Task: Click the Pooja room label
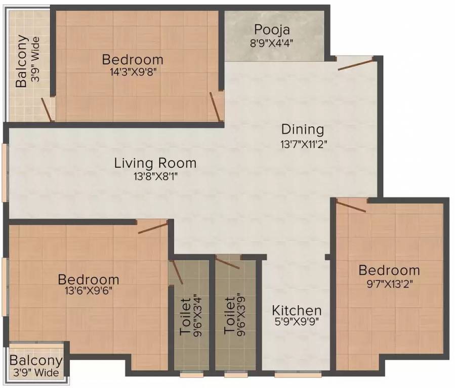pyautogui.click(x=272, y=30)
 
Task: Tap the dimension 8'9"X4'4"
pyautogui.click(x=272, y=43)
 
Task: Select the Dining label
pyautogui.click(x=303, y=129)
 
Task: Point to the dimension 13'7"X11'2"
pyautogui.click(x=304, y=144)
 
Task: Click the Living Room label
pyautogui.click(x=155, y=163)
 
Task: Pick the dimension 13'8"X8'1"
pyautogui.click(x=155, y=176)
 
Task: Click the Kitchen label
pyautogui.click(x=297, y=311)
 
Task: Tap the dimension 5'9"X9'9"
pyautogui.click(x=297, y=322)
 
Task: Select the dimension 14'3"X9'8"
pyautogui.click(x=133, y=72)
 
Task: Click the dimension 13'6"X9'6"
pyautogui.click(x=89, y=290)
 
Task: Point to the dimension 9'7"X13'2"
pyautogui.click(x=390, y=284)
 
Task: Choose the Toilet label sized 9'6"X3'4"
pyautogui.click(x=185, y=316)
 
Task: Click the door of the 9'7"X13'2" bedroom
pyautogui.click(x=351, y=207)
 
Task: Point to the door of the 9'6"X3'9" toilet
pyautogui.click(x=228, y=263)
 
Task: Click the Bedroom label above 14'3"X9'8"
pyautogui.click(x=133, y=60)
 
